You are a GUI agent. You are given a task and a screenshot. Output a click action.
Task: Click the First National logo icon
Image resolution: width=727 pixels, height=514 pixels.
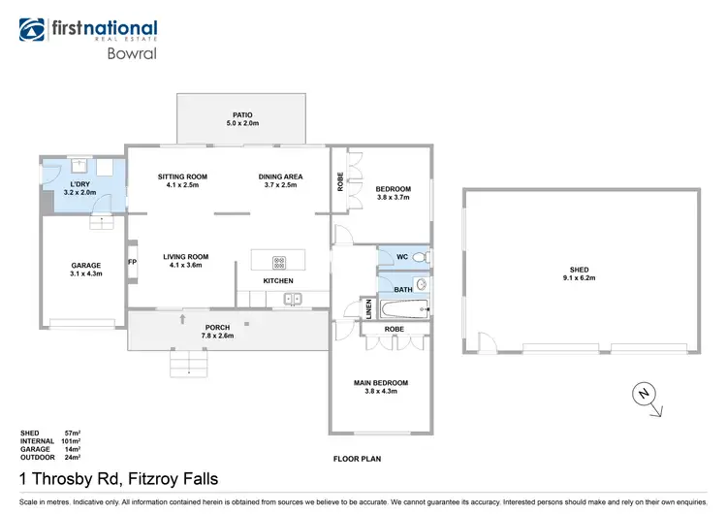[34, 30]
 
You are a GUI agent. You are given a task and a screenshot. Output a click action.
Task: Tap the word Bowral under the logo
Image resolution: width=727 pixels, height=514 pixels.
[127, 53]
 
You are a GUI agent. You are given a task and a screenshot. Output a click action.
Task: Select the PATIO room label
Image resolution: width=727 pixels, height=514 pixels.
[242, 114]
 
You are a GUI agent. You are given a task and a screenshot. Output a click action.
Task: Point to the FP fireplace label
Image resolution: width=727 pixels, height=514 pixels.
[132, 261]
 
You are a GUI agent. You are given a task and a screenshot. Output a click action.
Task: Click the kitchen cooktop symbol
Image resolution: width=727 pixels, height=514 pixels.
[278, 261]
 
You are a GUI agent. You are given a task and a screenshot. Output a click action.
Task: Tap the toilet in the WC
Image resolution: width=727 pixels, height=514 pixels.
[418, 257]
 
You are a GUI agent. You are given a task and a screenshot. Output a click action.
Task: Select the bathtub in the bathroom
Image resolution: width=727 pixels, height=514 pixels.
[401, 310]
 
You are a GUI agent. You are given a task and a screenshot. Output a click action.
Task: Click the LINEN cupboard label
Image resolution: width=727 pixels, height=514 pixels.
[368, 309]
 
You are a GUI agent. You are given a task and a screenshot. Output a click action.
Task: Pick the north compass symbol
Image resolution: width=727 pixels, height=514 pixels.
[642, 395]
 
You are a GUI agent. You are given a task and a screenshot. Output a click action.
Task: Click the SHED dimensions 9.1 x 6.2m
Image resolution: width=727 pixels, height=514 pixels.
[581, 278]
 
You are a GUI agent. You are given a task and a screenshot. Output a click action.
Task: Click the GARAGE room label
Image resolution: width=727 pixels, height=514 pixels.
[86, 265]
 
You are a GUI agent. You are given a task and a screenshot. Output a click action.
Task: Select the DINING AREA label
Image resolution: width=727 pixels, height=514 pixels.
[280, 176]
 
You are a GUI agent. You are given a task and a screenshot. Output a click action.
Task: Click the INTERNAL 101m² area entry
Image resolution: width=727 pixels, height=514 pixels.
[50, 441]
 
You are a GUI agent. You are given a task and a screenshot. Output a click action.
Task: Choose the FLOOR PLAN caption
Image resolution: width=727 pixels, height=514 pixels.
[357, 458]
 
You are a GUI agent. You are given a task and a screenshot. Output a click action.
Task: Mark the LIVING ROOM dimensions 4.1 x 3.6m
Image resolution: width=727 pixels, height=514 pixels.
[189, 265]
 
